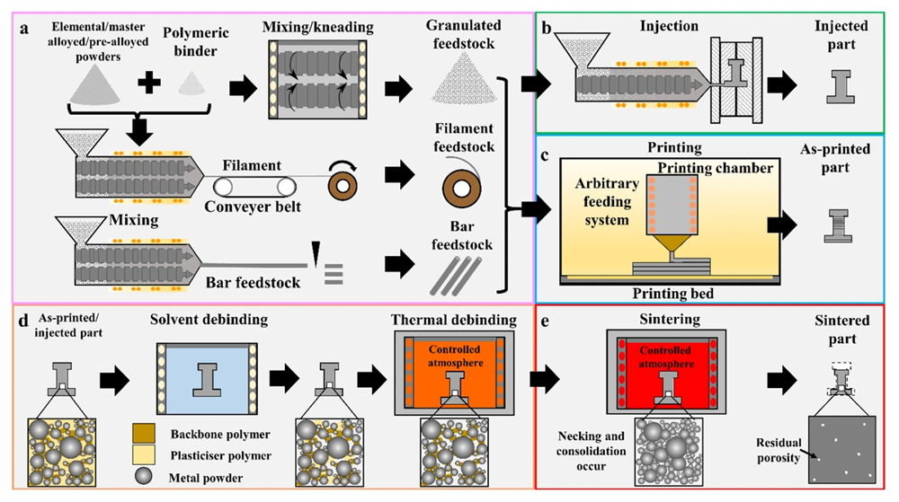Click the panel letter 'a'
coord(24,29)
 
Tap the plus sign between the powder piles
coord(149,84)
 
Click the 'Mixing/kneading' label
coord(318,27)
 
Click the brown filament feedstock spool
coord(461,189)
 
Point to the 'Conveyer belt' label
coord(253,207)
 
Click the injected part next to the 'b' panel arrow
coord(841,86)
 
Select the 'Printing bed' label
coord(672,294)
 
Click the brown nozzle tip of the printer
coord(672,245)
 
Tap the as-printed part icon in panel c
coord(837,225)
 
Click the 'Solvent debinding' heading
coord(209,320)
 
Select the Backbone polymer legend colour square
coord(143,434)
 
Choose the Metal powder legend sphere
coord(143,476)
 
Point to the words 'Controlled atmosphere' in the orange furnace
coord(455,356)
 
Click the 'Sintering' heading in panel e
coord(670,319)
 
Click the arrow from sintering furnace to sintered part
coord(782,380)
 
